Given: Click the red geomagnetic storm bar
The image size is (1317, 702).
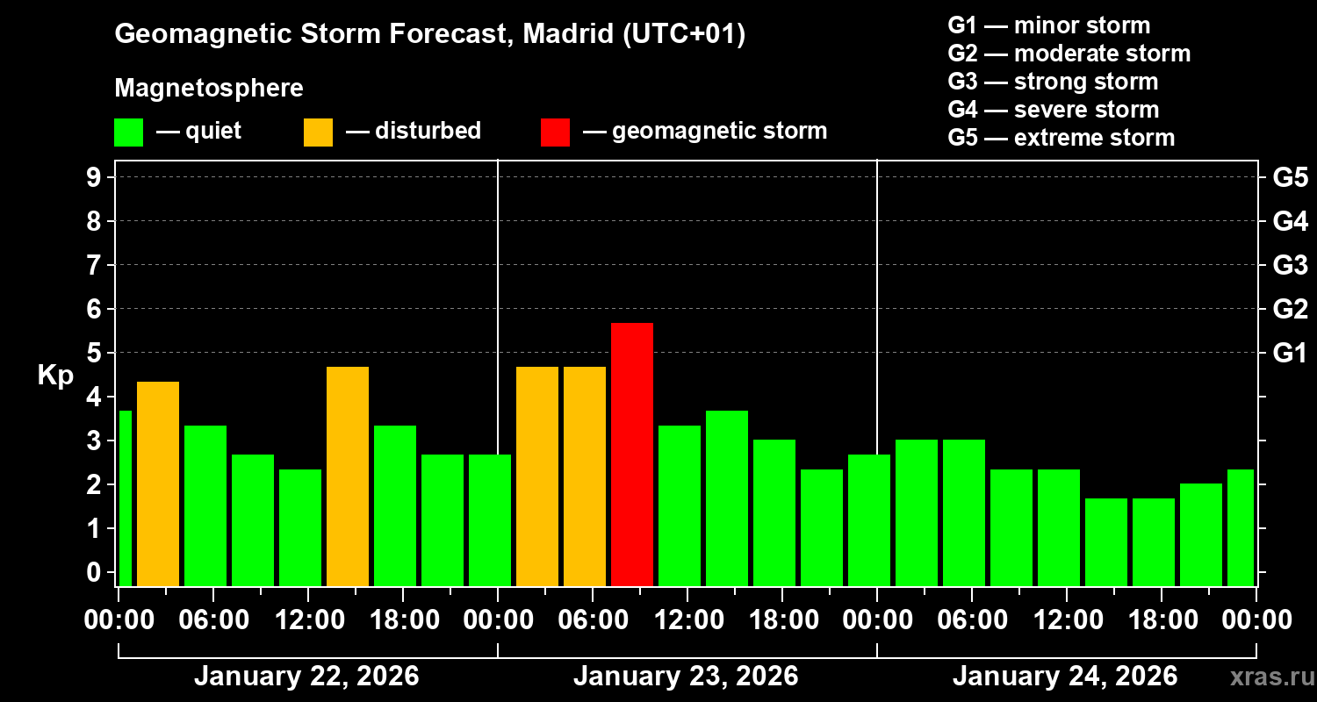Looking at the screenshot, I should pos(632,454).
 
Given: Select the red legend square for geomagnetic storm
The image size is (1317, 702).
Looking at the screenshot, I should pos(555,132).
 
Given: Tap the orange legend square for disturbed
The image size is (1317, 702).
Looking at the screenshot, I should pos(318,132).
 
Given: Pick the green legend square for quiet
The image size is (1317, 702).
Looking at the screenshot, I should pos(128,132).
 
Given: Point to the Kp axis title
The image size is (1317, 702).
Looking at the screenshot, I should pos(55,376).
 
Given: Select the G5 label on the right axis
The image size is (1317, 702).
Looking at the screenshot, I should pos(1290,177).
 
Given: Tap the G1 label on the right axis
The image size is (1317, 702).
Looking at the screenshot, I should pos(1290,353).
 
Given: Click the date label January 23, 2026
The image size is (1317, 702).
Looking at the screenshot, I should pos(686,677).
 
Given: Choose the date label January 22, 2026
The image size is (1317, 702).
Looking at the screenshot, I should pos(306,677).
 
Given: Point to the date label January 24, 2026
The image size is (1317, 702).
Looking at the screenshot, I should pos(1065,677).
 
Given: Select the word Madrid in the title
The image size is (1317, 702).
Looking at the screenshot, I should pos(565,34).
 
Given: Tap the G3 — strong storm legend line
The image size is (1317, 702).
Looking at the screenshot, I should pos(1053,82).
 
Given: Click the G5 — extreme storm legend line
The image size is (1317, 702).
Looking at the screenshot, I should pos(1061,138).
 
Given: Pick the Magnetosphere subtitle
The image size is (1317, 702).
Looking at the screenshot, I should pos(209,89).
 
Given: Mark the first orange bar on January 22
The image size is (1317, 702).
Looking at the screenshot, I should pos(158,484).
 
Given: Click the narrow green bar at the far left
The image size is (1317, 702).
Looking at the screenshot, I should pos(125,498).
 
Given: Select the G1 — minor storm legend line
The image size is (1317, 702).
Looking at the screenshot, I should pos(1048,25).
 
